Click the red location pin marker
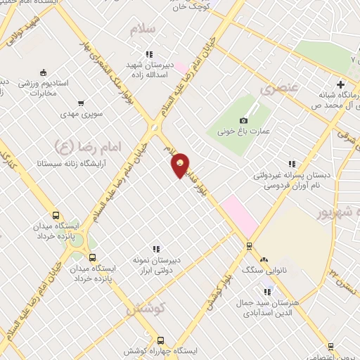181,165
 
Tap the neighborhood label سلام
142,29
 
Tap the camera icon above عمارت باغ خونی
244,120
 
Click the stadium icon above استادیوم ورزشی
43,72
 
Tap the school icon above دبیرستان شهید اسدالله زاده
149,53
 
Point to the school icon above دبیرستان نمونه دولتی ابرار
156,248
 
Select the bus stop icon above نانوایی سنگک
248,246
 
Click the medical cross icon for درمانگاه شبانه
341,84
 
